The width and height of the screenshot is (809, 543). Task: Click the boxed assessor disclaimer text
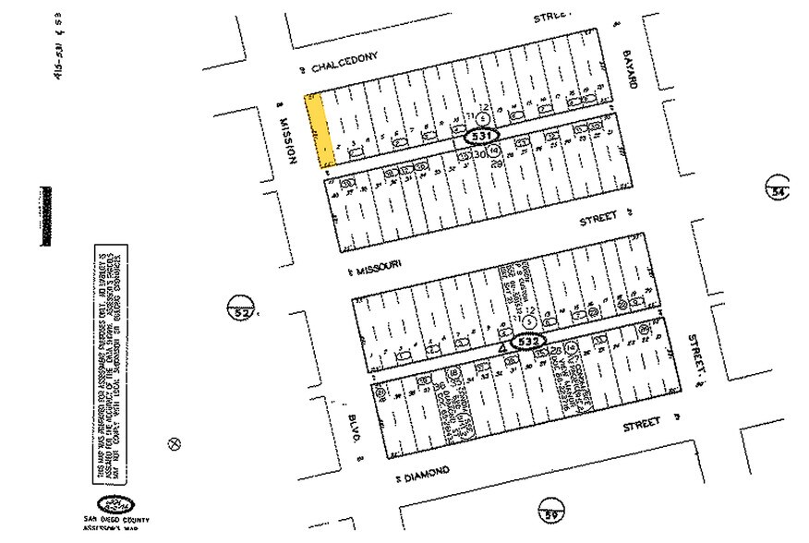[111, 363]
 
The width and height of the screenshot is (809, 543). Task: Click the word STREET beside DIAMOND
[642, 424]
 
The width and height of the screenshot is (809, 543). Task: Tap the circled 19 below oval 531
[494, 150]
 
